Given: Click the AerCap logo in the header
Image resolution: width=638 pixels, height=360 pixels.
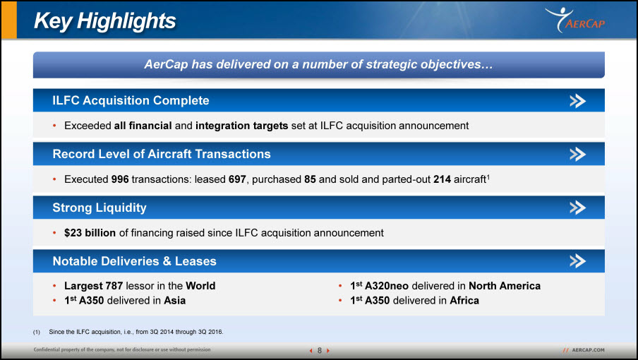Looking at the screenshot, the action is click(575, 20).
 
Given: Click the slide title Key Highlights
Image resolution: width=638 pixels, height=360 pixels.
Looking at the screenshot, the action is click(104, 20).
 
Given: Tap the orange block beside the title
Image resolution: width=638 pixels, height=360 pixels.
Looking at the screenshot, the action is click(9, 20).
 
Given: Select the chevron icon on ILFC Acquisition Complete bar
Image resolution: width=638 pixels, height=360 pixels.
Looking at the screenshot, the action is click(577, 100).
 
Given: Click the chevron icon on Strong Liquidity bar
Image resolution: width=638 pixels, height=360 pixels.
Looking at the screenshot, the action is click(577, 208).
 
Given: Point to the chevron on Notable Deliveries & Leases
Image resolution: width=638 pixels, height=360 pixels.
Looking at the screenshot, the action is click(577, 260).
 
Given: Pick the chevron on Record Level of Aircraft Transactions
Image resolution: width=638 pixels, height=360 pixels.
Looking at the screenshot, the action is click(577, 154).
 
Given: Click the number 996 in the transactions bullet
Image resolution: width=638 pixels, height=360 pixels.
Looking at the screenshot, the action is click(120, 179).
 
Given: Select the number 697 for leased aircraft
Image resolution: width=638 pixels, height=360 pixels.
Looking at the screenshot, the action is click(237, 179).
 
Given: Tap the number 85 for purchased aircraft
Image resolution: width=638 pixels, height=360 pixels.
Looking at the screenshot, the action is click(310, 179).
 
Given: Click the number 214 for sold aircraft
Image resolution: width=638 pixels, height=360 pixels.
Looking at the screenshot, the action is click(442, 179).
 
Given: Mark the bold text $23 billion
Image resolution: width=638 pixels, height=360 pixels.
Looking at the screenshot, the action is click(90, 233).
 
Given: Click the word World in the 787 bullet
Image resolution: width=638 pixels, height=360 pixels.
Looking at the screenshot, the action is click(200, 286).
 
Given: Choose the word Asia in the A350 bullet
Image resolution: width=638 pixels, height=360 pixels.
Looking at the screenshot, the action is click(175, 301).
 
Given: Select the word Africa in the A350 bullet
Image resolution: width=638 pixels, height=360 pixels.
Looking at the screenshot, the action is click(464, 301).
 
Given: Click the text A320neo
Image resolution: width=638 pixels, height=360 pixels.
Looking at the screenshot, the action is click(387, 286).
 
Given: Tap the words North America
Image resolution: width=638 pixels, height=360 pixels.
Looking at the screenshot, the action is click(505, 286).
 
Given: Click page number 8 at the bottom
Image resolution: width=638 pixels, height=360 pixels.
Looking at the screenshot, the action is click(320, 350).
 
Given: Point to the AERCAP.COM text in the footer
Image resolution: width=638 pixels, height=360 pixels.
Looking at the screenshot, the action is click(588, 350).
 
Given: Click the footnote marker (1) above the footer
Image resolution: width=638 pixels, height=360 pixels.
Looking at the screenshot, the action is click(37, 332).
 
